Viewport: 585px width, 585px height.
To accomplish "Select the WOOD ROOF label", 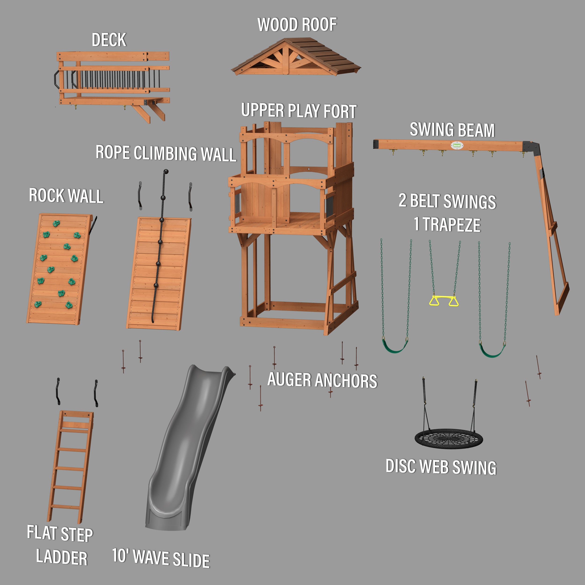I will pos(297,25).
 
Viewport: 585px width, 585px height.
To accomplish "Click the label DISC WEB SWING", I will pos(441,467).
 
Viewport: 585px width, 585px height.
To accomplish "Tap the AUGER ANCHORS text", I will pos(322,380).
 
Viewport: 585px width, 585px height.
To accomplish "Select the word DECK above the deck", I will pos(109,40).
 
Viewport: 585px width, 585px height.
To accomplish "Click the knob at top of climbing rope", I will pos(166,172).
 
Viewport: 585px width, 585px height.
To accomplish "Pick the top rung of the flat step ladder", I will pos(74,430).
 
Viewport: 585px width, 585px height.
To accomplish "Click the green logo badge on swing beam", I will pos(457,145).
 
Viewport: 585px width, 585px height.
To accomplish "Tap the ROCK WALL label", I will pos(66,196).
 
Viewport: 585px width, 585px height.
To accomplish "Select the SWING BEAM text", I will pos(452,130).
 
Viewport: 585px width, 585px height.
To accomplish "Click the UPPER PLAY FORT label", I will pos(299,111).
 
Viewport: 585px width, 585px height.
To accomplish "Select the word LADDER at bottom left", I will pos(62,557).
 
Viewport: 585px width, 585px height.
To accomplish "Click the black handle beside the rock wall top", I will pos(94,225).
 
